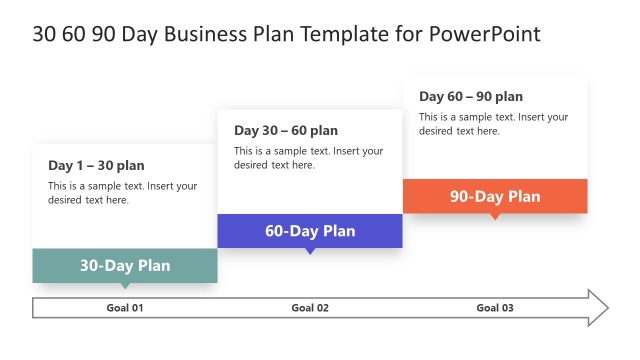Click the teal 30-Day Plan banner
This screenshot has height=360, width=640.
point(125,265)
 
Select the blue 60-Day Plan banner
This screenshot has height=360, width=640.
point(310,231)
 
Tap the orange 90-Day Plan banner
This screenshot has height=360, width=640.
point(495,196)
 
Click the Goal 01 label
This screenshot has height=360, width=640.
point(125,308)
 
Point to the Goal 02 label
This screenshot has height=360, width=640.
point(310,308)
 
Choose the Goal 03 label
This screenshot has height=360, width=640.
point(495,308)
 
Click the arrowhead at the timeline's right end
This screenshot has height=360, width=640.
point(598,308)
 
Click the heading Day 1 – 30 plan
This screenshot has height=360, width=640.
point(96,165)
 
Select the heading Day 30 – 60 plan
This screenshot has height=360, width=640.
point(286,130)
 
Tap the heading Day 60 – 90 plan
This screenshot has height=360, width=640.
point(471,96)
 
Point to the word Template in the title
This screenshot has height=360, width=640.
point(346,34)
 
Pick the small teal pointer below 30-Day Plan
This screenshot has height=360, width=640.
point(125,286)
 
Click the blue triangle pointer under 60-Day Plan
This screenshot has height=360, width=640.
point(310,251)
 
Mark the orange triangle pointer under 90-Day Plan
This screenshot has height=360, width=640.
point(495,216)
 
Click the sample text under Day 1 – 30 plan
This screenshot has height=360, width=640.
point(123,193)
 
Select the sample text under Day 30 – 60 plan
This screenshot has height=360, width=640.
point(308,158)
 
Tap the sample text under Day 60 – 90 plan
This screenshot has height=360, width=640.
point(493,124)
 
